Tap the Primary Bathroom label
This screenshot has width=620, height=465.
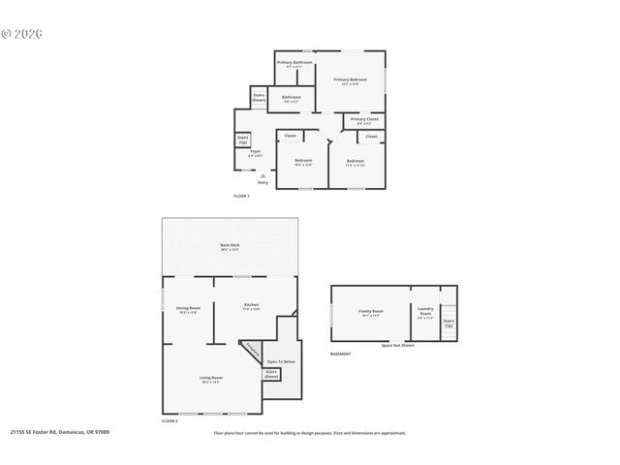click(x=295, y=62)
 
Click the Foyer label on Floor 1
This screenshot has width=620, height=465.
click(x=256, y=152)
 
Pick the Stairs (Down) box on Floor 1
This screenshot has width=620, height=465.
click(x=259, y=97)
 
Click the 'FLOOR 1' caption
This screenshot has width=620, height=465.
click(x=241, y=196)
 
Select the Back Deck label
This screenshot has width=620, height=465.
click(x=230, y=245)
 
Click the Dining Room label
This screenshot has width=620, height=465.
click(x=188, y=308)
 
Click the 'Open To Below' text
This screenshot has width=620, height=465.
click(x=281, y=361)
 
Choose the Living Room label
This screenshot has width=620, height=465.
click(x=211, y=378)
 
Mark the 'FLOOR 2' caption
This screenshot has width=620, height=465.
click(x=170, y=421)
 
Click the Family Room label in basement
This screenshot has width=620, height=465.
click(x=372, y=312)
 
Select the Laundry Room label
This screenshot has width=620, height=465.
click(x=425, y=312)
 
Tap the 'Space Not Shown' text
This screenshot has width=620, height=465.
click(x=397, y=345)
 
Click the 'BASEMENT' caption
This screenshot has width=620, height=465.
click(x=340, y=354)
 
